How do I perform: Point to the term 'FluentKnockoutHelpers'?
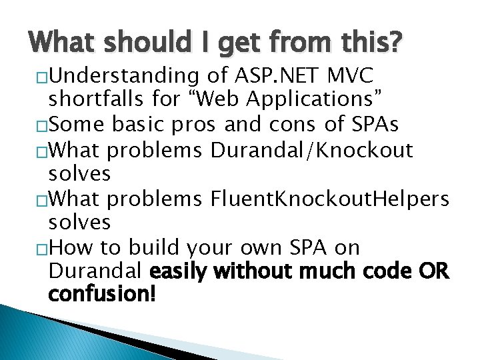click(330, 198)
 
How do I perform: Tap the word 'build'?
click(151, 247)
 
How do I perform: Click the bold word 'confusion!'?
click(101, 293)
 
